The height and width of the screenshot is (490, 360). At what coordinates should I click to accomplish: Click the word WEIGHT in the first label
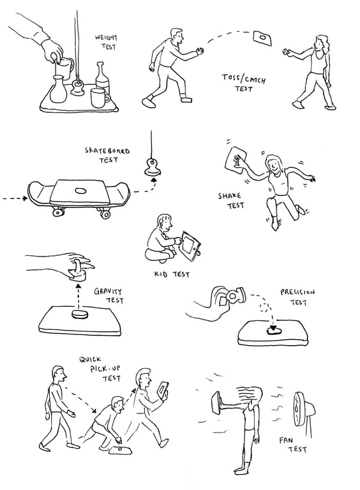coord(106,38)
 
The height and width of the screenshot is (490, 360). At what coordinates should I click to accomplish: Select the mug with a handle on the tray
coord(100,98)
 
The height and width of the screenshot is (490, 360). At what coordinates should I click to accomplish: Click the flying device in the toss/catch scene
coord(262,38)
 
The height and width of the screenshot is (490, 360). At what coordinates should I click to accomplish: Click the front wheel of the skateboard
coord(105,214)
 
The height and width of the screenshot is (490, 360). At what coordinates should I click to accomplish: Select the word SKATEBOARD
coord(107,151)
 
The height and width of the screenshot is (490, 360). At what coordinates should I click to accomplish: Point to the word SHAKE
coord(230,196)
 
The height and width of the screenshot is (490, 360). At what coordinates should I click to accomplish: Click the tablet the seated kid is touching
coord(190,245)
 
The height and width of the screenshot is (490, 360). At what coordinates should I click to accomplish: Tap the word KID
coord(161,274)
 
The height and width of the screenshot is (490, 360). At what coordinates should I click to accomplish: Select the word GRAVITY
coord(108,292)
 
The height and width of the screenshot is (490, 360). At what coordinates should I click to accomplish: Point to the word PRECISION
coord(297,292)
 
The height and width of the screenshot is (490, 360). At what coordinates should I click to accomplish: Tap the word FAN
coord(286,441)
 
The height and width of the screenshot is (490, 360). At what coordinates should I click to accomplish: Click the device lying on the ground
coord(120,450)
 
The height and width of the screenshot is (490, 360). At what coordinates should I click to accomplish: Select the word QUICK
coord(90,359)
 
